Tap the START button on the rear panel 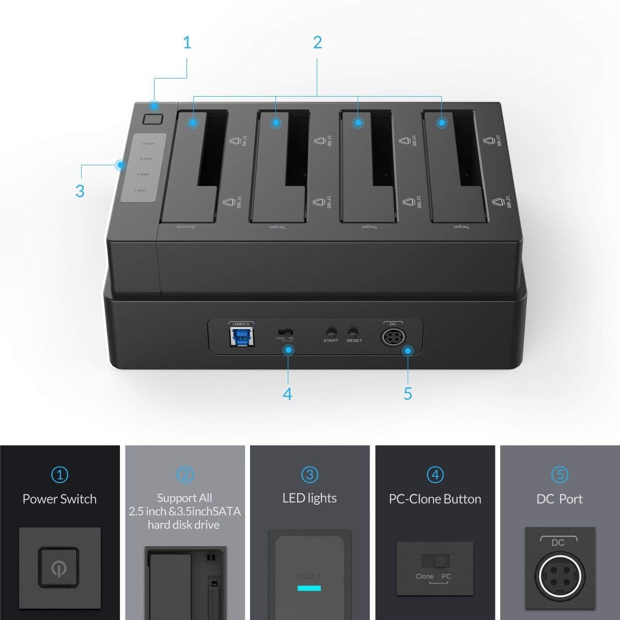[331, 331]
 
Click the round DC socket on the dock [392, 338]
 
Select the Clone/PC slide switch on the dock [285, 331]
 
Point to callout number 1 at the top [187, 43]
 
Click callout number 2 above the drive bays [317, 43]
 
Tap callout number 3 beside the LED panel [80, 191]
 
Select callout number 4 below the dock [288, 394]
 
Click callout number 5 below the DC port [408, 394]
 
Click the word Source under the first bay [184, 227]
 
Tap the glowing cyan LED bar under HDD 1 [309, 588]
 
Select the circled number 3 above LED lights [309, 474]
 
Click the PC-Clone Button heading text [435, 499]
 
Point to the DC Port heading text [560, 499]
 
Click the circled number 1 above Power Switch [59, 474]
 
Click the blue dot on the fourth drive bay [441, 123]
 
